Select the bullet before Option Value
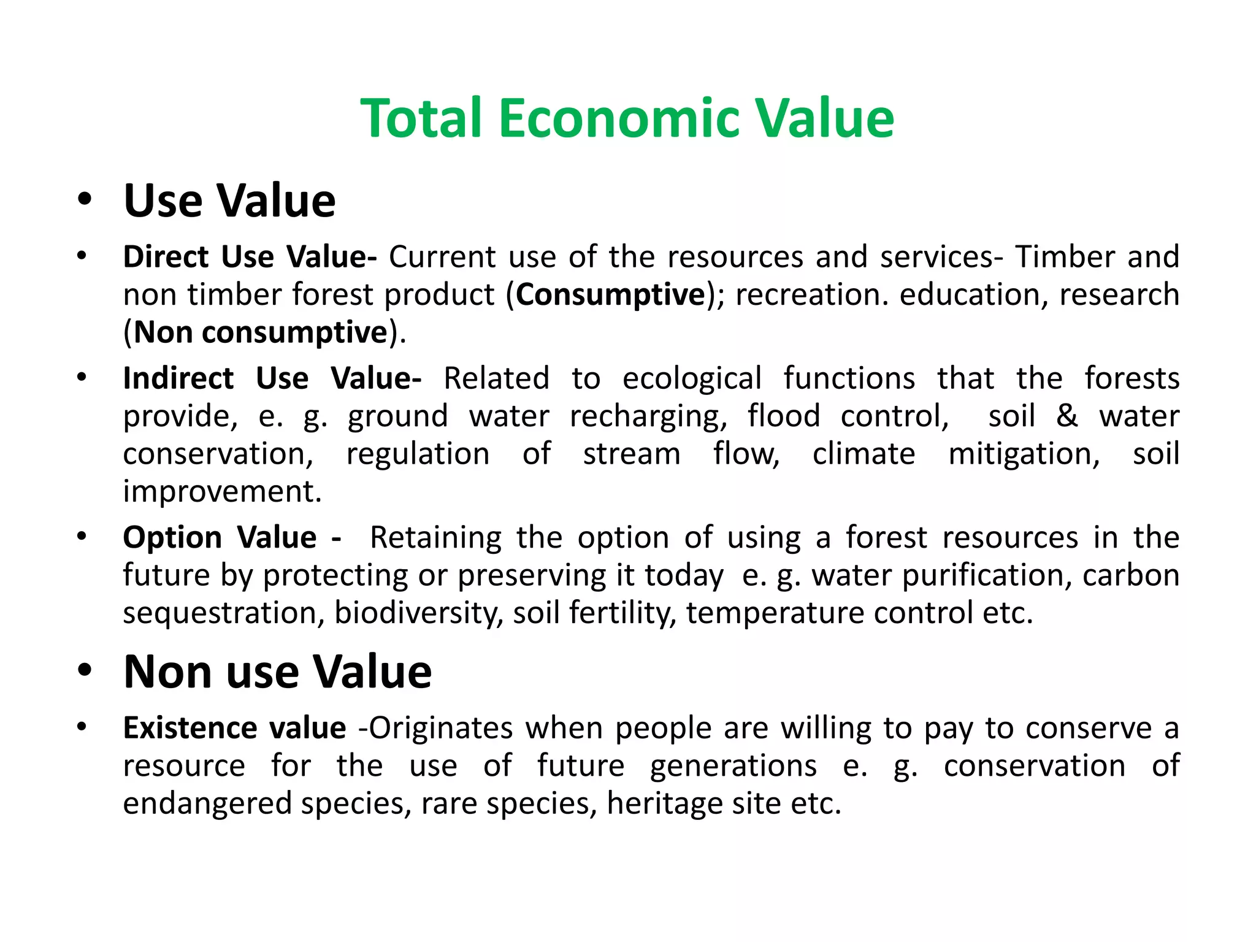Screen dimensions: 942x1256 82,537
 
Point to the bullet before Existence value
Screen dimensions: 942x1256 82,727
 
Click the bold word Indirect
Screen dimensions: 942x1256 178,378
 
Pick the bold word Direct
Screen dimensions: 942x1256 166,256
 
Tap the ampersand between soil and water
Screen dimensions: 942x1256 1067,415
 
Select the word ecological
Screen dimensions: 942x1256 692,378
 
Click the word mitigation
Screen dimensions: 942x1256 1024,454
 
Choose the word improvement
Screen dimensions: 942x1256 222,491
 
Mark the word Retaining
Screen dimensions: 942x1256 435,537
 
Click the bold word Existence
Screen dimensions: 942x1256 189,728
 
